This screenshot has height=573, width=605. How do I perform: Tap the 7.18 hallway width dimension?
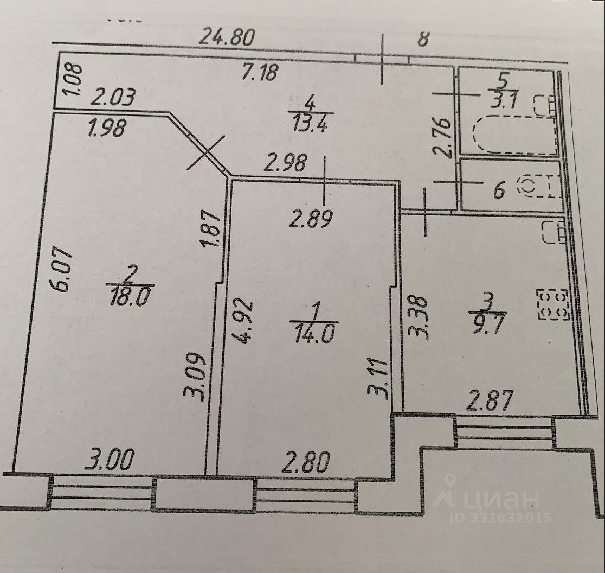pyautogui.click(x=260, y=72)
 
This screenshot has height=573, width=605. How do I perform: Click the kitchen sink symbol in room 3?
pyautogui.click(x=552, y=232)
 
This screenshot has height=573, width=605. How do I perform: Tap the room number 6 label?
pyautogui.click(x=499, y=190)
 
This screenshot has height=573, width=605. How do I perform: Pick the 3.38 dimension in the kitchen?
pyautogui.click(x=419, y=317)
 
